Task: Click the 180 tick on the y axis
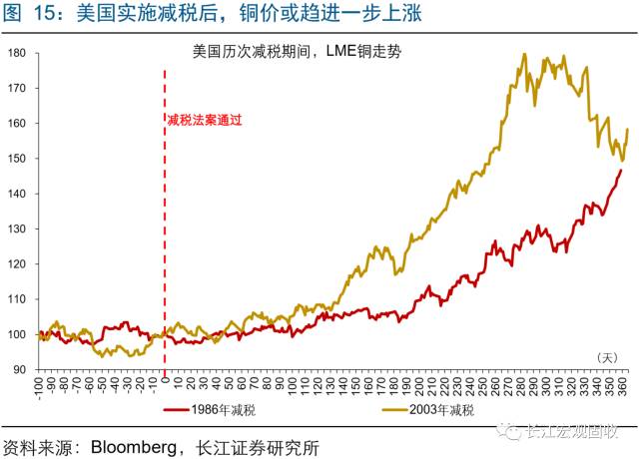pyautogui.click(x=17, y=53)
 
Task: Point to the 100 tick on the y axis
pyautogui.click(x=17, y=334)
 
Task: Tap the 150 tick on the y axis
pyautogui.click(x=17, y=159)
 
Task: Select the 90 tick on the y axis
pyautogui.click(x=20, y=369)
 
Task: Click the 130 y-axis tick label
pyautogui.click(x=17, y=229)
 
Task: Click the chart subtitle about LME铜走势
pyautogui.click(x=300, y=49)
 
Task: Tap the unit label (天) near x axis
pyautogui.click(x=608, y=357)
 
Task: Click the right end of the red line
pyautogui.click(x=621, y=170)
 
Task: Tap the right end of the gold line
pyautogui.click(x=627, y=129)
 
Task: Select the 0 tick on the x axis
pyautogui.click(x=165, y=382)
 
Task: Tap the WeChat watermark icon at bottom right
pyautogui.click(x=514, y=433)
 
